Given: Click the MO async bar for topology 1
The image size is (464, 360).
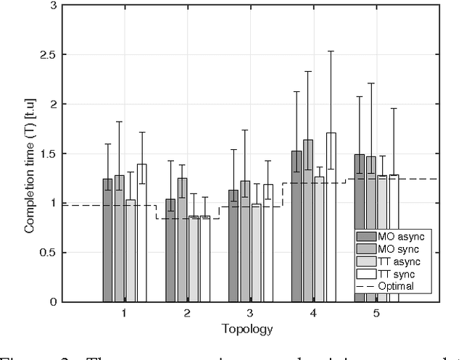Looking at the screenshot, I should coord(107,240).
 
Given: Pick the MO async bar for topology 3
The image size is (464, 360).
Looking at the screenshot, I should coord(233,246).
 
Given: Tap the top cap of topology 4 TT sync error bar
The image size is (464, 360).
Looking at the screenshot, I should coord(331,51).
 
